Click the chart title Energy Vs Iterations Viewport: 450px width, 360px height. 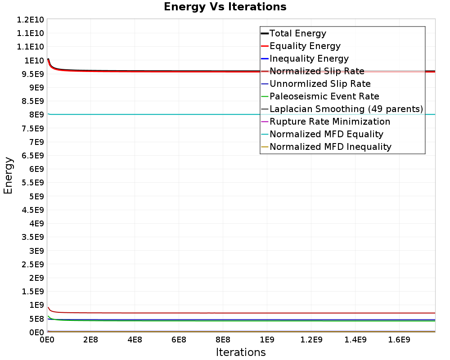tap(225, 7)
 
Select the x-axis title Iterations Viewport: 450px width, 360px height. tap(241, 352)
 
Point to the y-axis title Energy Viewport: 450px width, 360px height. tap(8, 175)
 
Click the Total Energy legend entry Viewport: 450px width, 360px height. tap(297, 33)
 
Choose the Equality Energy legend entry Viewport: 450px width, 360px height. tap(305, 46)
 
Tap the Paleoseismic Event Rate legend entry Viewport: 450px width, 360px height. tap(324, 96)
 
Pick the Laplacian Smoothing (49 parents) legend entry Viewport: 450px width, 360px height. tap(346, 109)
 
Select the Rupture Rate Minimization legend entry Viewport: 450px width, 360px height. tap(329, 121)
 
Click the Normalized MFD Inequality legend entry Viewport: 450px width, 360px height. tap(330, 147)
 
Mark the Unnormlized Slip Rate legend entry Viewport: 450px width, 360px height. tap(320, 84)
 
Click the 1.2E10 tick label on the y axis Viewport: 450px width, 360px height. tap(30, 19)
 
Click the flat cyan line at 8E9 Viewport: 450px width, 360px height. tap(180, 114)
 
